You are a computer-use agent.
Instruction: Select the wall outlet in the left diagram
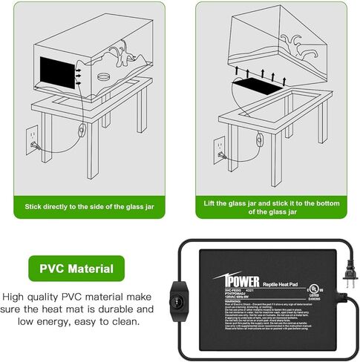33,139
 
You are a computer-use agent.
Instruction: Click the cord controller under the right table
259,138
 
